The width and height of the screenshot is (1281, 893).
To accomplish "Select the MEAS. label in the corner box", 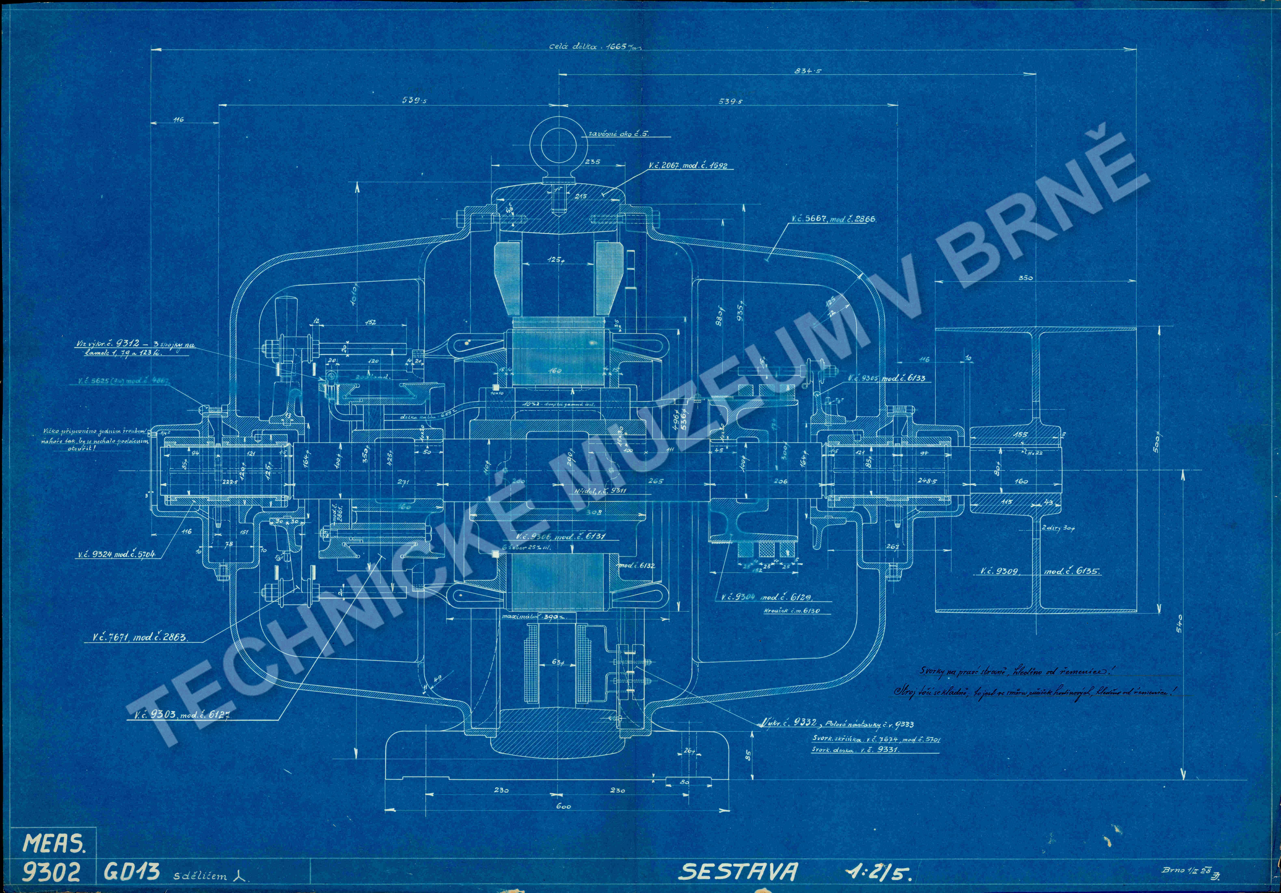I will [x=54, y=844].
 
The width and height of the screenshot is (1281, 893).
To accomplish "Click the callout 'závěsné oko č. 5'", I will [x=619, y=134].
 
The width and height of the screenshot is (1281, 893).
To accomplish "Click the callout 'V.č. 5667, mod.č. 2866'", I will [x=832, y=219].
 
